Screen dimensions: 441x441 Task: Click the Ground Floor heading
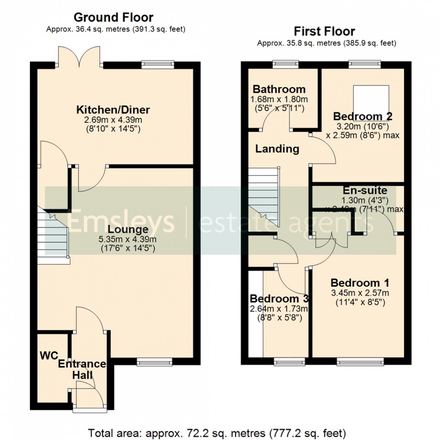click(x=113, y=17)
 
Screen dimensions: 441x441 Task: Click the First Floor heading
click(x=324, y=31)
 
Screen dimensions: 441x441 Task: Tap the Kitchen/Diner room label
click(x=113, y=109)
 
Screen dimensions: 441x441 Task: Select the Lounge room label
click(x=128, y=229)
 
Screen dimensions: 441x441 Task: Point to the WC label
click(x=49, y=355)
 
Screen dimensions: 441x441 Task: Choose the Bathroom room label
click(x=279, y=89)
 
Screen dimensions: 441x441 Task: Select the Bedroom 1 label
click(x=360, y=283)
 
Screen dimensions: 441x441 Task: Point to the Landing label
click(x=277, y=149)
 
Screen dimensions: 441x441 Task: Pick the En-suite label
click(x=365, y=191)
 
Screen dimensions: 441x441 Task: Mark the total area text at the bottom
click(x=217, y=432)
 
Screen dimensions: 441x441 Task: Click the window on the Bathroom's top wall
click(x=286, y=64)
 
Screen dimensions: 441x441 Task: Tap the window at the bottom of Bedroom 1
click(x=360, y=361)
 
